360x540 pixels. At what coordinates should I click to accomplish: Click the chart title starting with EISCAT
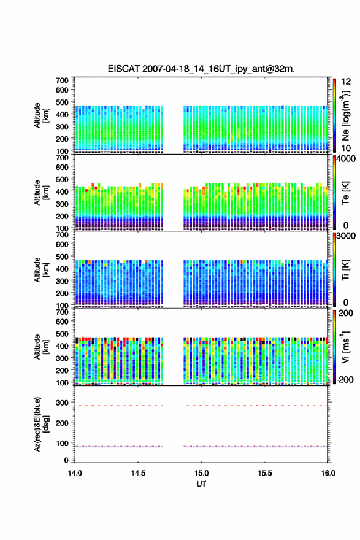[201, 69]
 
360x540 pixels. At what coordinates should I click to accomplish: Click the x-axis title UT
[201, 484]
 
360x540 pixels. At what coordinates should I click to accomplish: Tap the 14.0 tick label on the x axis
[75, 473]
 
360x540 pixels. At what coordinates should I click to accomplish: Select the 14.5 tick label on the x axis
[138, 473]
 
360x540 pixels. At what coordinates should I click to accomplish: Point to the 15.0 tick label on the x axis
[201, 473]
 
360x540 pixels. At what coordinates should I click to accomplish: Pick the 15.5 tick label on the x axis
[265, 473]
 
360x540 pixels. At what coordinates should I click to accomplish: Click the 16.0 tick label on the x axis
[328, 473]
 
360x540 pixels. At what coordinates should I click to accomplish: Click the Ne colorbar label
[345, 116]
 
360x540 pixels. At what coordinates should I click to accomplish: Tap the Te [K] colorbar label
[345, 193]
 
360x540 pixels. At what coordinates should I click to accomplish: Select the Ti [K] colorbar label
[345, 269]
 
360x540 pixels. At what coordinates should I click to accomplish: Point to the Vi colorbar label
[345, 347]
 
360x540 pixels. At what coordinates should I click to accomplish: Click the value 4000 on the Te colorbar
[346, 159]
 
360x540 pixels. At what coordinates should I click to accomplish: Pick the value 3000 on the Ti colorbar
[346, 236]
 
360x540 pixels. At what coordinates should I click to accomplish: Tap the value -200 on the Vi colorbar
[343, 379]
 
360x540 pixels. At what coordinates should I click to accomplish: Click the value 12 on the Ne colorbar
[346, 82]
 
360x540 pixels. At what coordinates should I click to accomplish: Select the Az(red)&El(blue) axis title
[41, 424]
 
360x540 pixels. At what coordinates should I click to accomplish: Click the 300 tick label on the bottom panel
[63, 403]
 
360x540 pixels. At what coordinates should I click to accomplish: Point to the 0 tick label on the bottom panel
[66, 460]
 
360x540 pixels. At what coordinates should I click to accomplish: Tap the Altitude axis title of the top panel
[41, 115]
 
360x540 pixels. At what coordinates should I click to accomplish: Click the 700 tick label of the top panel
[63, 80]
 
